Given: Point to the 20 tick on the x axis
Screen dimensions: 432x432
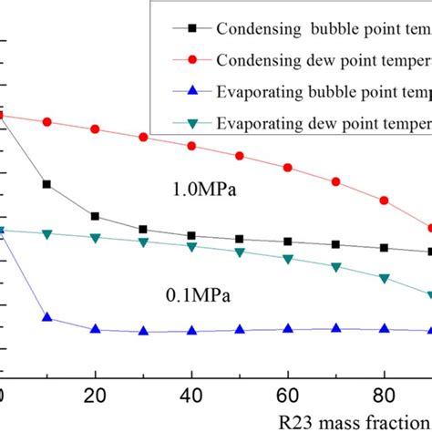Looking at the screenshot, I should pyautogui.click(x=95, y=397).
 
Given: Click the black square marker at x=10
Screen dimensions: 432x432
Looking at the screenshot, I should pyautogui.click(x=46, y=184).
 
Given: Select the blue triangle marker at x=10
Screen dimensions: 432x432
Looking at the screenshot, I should pyautogui.click(x=46, y=317).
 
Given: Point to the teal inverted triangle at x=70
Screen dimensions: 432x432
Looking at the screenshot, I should pyautogui.click(x=336, y=268).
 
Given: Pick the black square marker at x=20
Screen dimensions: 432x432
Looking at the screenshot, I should pyautogui.click(x=95, y=217).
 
